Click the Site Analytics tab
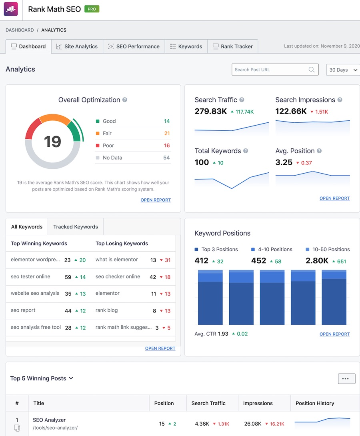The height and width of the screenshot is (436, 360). coord(77,46)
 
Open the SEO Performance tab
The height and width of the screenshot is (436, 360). coord(134,46)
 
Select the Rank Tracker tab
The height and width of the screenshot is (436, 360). coord(233,46)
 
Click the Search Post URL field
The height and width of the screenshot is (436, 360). coord(270,70)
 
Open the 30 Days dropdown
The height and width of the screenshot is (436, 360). coord(343,70)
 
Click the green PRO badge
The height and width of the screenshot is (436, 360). coord(92,9)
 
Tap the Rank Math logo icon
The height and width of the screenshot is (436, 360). coord(11,9)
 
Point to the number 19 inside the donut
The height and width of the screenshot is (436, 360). coord(52,142)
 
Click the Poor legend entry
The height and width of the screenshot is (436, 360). coord(108,146)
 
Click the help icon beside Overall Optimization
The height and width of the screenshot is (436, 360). coord(125,100)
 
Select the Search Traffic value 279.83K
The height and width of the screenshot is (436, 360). coord(210,112)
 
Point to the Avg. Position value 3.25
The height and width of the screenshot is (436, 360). coord(284,162)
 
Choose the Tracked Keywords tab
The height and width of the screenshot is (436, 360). coord(75,227)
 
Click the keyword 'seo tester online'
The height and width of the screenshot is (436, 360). coord(30,276)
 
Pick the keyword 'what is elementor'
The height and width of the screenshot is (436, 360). coord(116,260)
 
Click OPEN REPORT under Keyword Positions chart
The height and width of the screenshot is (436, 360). coord(334,334)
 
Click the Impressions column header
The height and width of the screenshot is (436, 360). coord(258,403)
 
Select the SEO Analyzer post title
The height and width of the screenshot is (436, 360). coord(49,420)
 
